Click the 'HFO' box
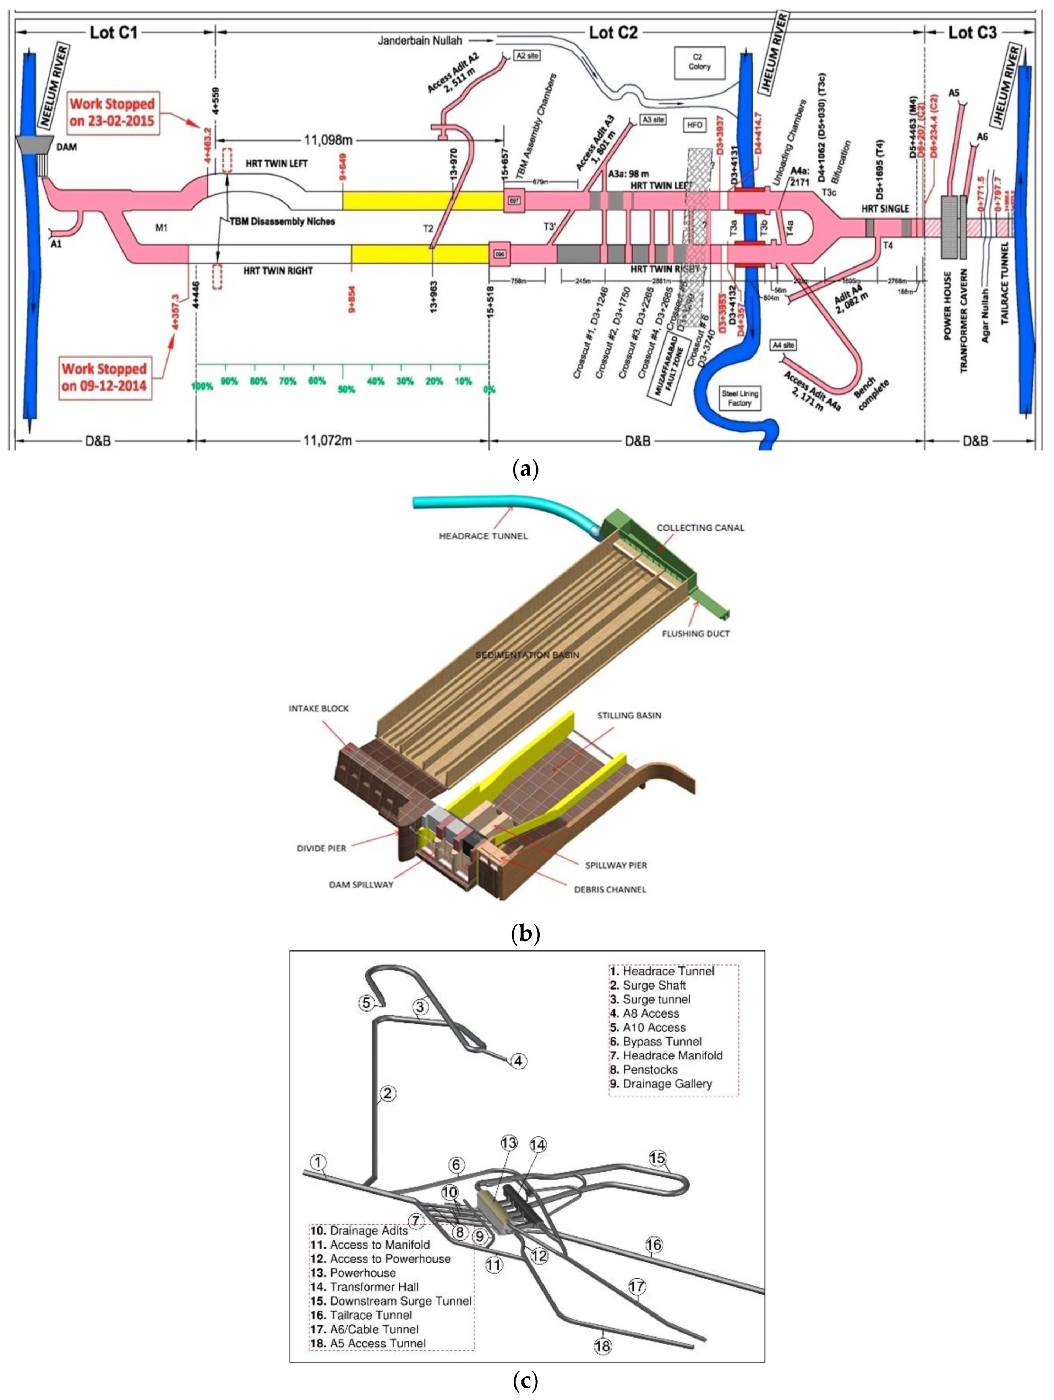tap(694, 125)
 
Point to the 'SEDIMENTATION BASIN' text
tap(527, 655)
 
